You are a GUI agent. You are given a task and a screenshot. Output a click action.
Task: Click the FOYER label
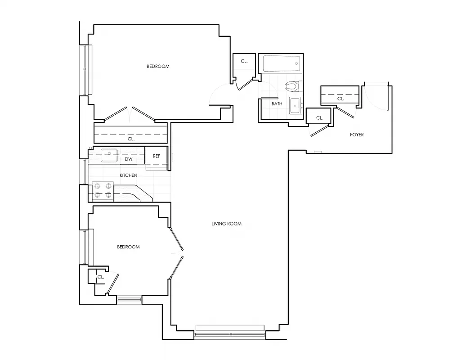(357, 135)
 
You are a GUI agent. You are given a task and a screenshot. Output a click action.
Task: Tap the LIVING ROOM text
(227, 224)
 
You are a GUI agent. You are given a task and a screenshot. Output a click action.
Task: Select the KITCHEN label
(128, 175)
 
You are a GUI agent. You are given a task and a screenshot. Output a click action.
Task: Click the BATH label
(277, 104)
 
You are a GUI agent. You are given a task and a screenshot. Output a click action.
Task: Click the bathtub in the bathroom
(281, 63)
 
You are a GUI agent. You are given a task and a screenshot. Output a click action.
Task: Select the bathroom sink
(296, 106)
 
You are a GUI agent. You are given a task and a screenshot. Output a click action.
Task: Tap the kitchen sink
(109, 154)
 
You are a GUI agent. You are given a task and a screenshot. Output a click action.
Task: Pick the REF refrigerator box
(157, 156)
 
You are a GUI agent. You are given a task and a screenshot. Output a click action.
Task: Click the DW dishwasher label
(128, 159)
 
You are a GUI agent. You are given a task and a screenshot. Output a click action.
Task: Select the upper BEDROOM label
(158, 67)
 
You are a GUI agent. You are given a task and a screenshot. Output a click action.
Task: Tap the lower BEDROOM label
(128, 247)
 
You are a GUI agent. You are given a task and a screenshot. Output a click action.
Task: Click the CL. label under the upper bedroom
(131, 139)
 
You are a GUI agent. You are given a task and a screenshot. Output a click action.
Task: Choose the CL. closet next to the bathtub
(244, 61)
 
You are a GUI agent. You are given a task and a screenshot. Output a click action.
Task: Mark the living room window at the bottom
(230, 334)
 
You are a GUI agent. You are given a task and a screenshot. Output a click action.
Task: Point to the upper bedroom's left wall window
(85, 70)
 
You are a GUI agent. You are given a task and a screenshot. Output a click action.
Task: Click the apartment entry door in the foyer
(387, 98)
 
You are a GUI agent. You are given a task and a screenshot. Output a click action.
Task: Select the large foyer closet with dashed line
(340, 96)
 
